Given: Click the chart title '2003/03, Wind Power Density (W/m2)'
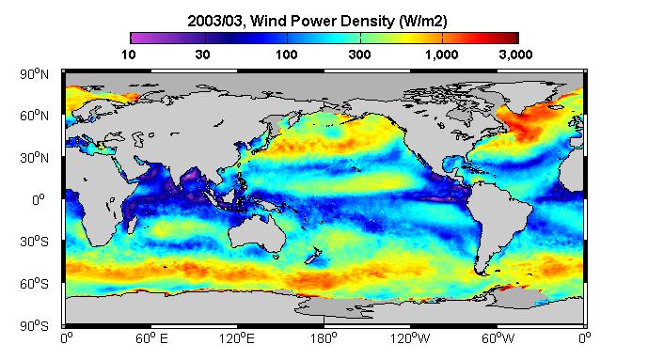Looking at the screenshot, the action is pyautogui.click(x=317, y=21).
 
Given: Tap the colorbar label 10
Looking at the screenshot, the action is pyautogui.click(x=129, y=55).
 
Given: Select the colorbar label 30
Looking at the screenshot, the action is pyautogui.click(x=202, y=55).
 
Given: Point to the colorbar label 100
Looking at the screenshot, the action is pyautogui.click(x=287, y=55).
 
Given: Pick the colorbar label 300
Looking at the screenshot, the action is pyautogui.click(x=359, y=55).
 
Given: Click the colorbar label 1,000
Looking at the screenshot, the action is pyautogui.click(x=442, y=55).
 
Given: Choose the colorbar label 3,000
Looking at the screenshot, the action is pyautogui.click(x=515, y=55).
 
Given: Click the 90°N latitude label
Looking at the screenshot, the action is pyautogui.click(x=34, y=74).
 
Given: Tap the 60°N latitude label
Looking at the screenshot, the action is pyautogui.click(x=34, y=116).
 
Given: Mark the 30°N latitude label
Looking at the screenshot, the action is pyautogui.click(x=34, y=158).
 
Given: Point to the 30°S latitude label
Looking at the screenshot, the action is pyautogui.click(x=34, y=242).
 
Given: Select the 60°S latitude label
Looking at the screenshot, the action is pyautogui.click(x=34, y=284).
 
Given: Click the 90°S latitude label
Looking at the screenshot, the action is pyautogui.click(x=34, y=326).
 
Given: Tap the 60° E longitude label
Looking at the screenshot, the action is pyautogui.click(x=151, y=338).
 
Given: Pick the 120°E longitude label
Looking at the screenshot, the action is pyautogui.click(x=236, y=338).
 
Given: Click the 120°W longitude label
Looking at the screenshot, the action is pyautogui.click(x=410, y=338).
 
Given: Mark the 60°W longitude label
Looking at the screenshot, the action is pyautogui.click(x=498, y=338).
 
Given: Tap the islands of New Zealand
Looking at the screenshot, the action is pyautogui.click(x=313, y=256).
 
